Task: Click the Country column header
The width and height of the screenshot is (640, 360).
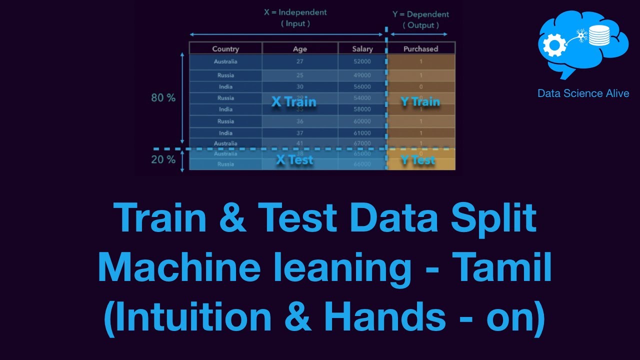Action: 225,48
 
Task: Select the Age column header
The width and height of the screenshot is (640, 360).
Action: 300,48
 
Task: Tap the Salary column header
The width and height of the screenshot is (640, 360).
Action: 362,48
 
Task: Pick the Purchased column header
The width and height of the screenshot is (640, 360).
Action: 420,48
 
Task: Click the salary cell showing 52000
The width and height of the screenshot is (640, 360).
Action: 362,61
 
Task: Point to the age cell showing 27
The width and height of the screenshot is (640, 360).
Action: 300,61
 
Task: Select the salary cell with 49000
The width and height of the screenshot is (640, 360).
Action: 362,75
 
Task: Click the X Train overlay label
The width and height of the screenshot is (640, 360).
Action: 293,101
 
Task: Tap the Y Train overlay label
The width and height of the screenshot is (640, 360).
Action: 420,101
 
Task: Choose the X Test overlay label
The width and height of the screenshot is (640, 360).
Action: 294,159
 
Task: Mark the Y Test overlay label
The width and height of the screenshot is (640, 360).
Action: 418,160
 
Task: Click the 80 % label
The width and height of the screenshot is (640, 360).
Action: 163,98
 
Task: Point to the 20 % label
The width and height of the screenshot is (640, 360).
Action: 163,160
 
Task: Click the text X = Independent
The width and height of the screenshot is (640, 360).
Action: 295,12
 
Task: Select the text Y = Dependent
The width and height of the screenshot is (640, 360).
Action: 420,14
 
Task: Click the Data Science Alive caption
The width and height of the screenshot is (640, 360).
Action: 583,93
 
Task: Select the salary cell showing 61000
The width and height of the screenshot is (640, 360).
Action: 362,132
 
